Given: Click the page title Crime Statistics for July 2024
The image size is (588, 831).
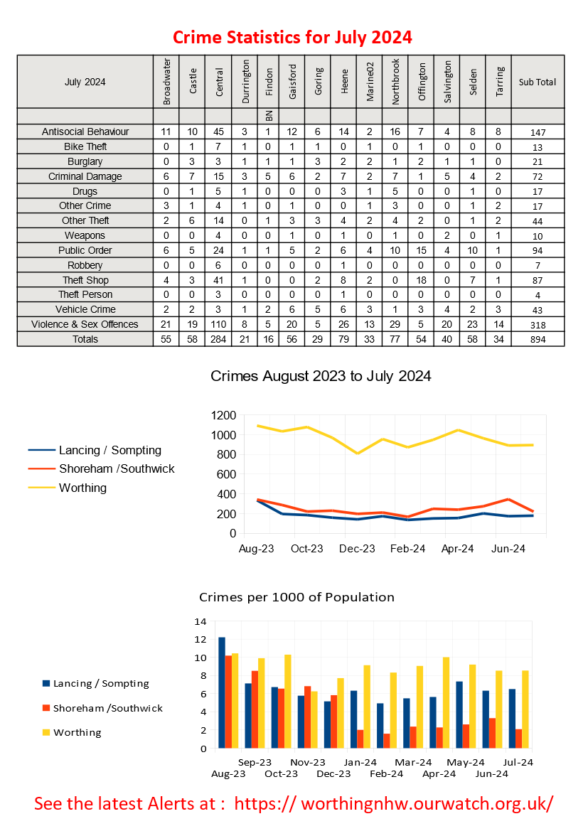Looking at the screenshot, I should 292,37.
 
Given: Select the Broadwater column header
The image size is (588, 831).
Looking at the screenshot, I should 166,82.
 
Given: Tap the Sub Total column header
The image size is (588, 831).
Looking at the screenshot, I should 537,82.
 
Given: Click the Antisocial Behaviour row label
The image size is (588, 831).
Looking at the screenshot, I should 85,132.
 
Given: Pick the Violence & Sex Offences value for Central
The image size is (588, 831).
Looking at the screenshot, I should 218,324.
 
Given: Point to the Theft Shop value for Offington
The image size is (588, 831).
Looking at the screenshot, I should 421,280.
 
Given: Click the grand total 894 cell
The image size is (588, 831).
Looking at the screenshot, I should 537,340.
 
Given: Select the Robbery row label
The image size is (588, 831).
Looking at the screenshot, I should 85,265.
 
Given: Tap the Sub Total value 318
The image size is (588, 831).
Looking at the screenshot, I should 537,325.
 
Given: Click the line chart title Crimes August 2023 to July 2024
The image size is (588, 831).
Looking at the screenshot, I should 321,376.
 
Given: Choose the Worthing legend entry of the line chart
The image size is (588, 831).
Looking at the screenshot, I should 82,488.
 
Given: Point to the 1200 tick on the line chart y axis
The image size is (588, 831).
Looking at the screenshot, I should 223,415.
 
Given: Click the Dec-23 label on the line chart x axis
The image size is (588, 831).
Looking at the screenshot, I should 357,548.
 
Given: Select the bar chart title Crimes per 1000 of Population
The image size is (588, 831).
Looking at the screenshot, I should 296,597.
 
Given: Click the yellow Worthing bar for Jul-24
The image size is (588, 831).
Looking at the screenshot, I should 525,709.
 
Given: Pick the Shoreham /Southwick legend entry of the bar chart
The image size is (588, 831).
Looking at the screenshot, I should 107,708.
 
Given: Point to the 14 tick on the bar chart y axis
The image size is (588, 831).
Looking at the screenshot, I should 201,621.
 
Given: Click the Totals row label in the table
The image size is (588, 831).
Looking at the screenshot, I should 85,340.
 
